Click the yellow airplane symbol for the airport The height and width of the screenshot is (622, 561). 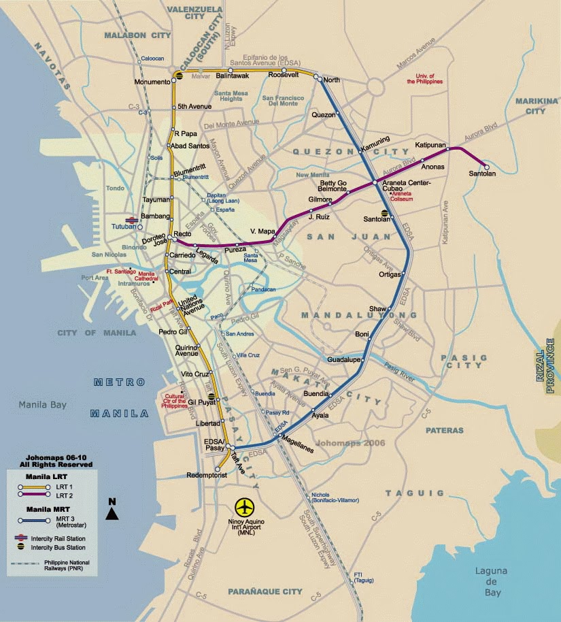pyautogui.click(x=244, y=507)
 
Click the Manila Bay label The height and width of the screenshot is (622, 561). pyautogui.click(x=42, y=405)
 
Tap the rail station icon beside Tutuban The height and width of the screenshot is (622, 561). pyautogui.click(x=132, y=219)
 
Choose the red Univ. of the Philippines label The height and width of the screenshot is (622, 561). pyautogui.click(x=425, y=78)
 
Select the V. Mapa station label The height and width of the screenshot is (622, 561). pyautogui.click(x=262, y=231)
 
